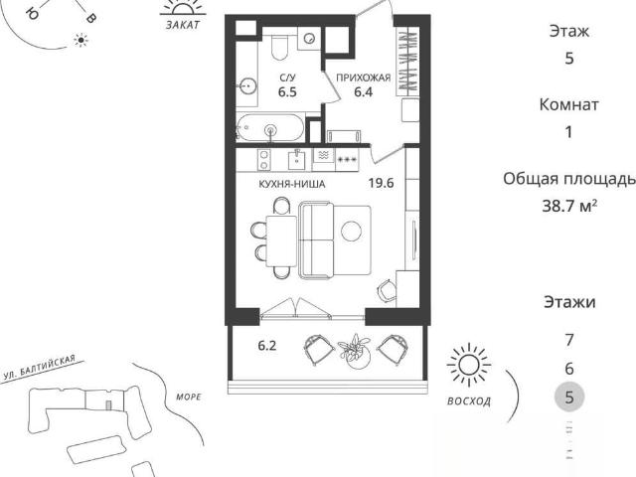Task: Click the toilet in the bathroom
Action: point(279,47)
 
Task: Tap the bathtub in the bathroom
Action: point(269,128)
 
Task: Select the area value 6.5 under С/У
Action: point(287,92)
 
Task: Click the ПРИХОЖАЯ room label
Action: point(364,78)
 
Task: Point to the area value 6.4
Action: point(364,92)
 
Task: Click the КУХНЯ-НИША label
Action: point(292,184)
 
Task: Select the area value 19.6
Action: point(381,183)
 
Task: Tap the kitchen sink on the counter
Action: point(298,159)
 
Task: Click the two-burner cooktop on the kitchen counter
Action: point(264,159)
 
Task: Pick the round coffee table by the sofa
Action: point(351,232)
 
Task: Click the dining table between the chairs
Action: point(281,240)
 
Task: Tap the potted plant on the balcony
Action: point(356,351)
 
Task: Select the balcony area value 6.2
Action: point(267,346)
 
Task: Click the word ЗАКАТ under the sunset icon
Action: point(183,25)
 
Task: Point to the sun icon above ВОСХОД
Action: point(468,365)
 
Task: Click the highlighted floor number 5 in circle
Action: point(569,397)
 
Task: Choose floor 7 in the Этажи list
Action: point(569,340)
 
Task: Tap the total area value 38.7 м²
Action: point(569,206)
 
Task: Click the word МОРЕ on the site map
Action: point(189,397)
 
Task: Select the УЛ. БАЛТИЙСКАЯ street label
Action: point(39,368)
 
